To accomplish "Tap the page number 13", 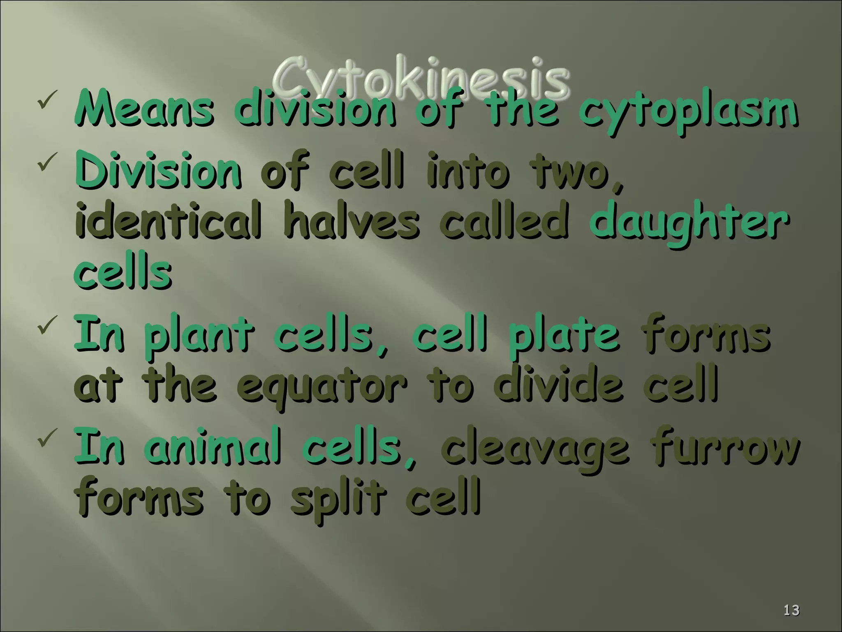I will (791, 610).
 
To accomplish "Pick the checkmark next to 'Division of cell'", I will (45, 164).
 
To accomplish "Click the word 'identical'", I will (168, 222).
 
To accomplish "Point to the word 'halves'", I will (351, 222).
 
